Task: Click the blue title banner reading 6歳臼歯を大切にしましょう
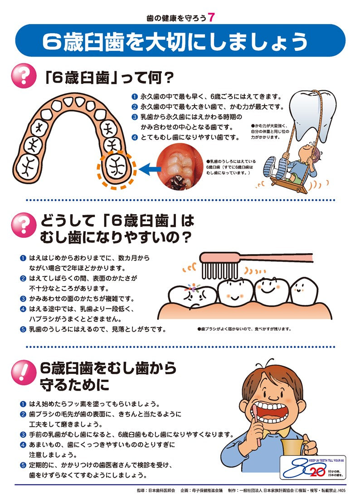pos(180,41)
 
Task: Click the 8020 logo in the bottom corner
pos(312,467)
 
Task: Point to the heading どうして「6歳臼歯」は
pos(117,221)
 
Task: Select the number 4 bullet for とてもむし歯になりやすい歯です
pos(134,137)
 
